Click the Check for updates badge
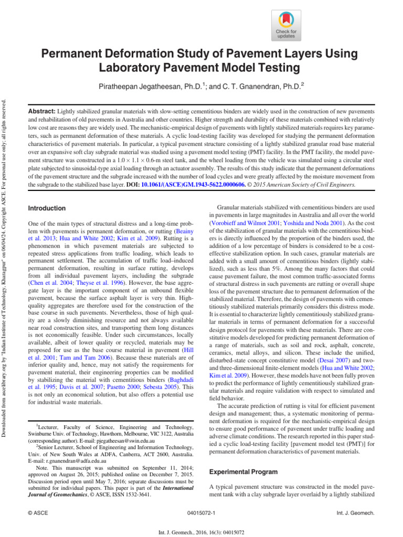(x=286, y=25)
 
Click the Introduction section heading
(x=47, y=208)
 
